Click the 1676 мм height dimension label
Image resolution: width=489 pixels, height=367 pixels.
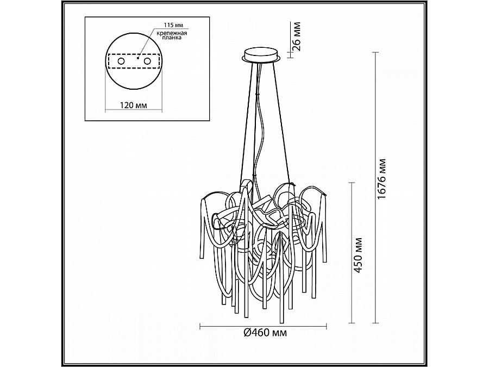(381, 179)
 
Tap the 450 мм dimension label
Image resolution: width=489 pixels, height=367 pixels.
(359, 255)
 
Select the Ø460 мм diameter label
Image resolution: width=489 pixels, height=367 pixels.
(265, 333)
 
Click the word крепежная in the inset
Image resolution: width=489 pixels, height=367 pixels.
(172, 33)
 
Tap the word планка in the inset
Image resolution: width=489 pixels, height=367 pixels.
(172, 38)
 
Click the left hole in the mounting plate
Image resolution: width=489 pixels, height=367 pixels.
(121, 61)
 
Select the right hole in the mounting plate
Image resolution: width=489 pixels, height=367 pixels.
(147, 61)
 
